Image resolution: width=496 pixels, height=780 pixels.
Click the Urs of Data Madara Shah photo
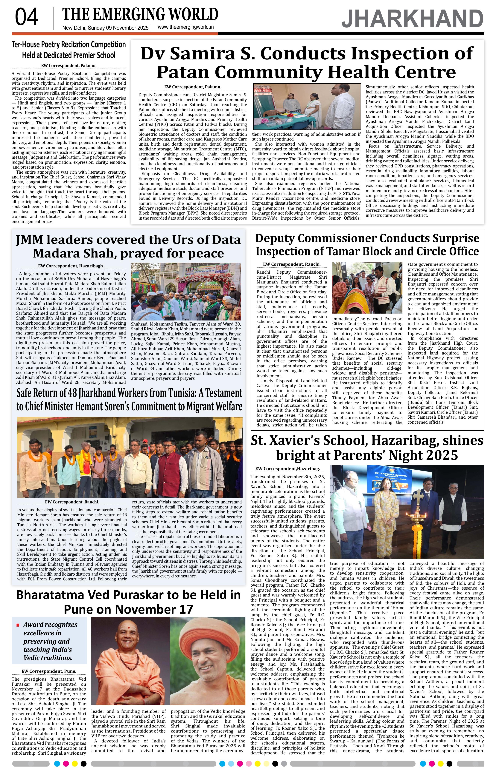[x=186, y=292]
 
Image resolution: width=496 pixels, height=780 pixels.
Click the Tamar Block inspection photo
[x=367, y=287]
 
